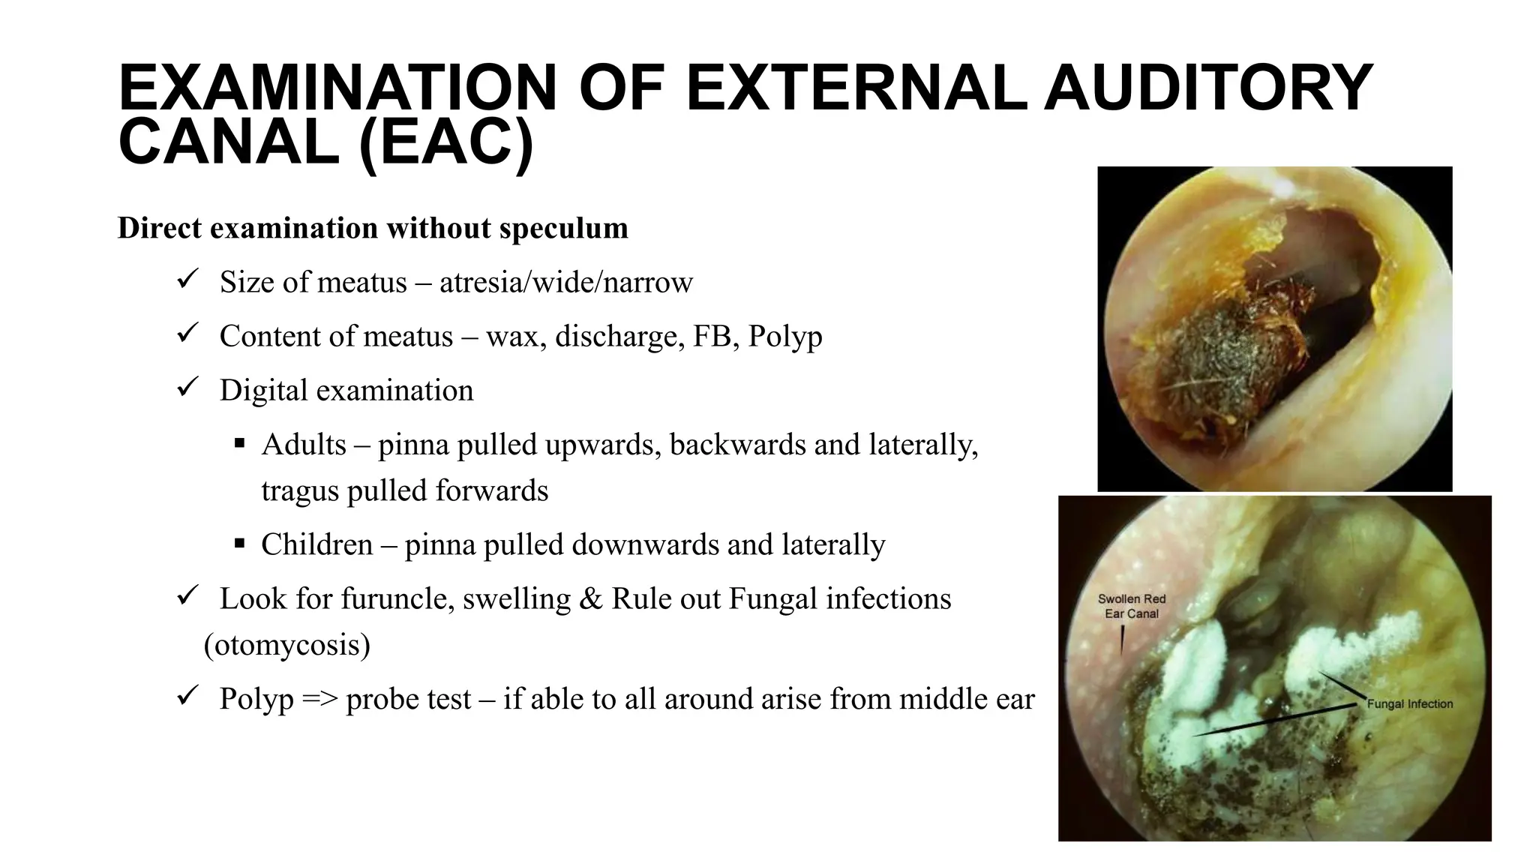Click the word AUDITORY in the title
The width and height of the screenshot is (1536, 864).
pos(1208,88)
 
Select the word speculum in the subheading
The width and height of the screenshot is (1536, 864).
pos(563,228)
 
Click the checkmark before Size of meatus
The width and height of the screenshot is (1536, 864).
pos(186,280)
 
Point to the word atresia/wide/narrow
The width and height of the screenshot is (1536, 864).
pos(565,283)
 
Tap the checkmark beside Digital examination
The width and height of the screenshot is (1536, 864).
pos(186,388)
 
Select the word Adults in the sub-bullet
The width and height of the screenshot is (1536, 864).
pos(304,445)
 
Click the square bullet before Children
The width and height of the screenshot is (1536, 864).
pos(239,542)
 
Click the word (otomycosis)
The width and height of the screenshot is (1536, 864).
pos(286,645)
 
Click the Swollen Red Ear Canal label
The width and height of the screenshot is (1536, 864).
pos(1131,606)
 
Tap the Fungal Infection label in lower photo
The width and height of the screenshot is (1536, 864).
pos(1409,704)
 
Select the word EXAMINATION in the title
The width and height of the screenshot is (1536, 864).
pos(337,88)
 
